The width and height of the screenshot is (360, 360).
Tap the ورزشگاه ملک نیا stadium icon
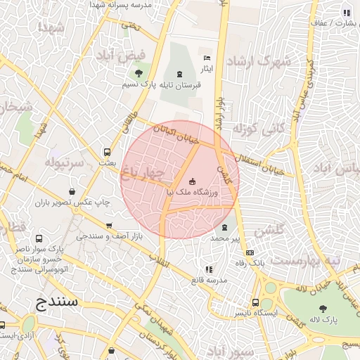(193, 182)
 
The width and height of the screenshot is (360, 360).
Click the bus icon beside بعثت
(107, 152)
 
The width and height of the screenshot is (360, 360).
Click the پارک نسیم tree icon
(139, 73)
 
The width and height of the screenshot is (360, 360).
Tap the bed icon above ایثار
(207, 58)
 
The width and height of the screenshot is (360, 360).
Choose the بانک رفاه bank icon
(250, 253)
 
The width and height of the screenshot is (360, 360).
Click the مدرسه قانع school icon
(208, 269)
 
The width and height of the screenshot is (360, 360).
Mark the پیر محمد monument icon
(225, 228)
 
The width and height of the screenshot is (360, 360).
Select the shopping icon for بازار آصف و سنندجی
(108, 226)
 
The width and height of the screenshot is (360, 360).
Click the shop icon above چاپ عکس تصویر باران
(73, 191)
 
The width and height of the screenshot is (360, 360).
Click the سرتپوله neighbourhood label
(65, 163)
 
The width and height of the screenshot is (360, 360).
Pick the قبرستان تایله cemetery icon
(179, 75)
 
